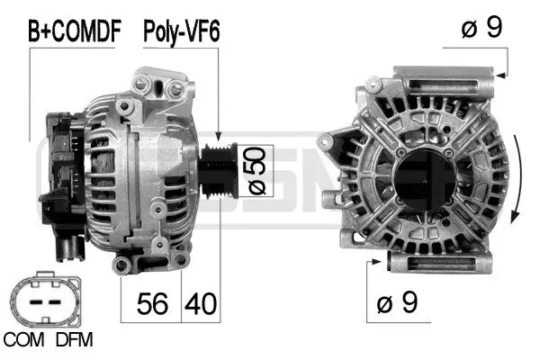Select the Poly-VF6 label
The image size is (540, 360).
pos(182,32)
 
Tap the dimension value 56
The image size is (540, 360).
pos(152,304)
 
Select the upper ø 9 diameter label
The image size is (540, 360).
pos(481,29)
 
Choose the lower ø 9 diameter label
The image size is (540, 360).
pos(399,304)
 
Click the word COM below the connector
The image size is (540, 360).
pos(23,341)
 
